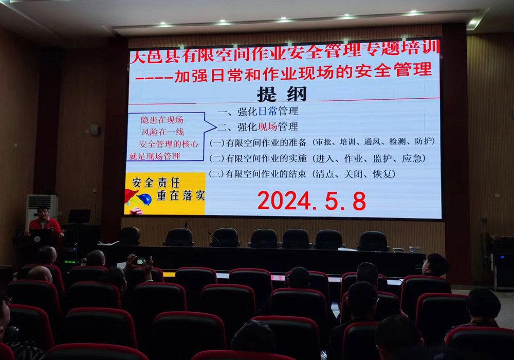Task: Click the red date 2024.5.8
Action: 311,201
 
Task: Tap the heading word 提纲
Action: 282,94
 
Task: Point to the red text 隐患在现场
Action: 162,120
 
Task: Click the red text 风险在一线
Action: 162,132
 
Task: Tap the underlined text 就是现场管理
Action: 154,156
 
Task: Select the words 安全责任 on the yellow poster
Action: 156,183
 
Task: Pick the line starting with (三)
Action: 302,174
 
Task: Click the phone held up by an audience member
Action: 143,261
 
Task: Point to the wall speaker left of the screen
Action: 95,130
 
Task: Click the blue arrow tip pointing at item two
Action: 216,126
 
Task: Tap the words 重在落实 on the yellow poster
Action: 181,195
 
